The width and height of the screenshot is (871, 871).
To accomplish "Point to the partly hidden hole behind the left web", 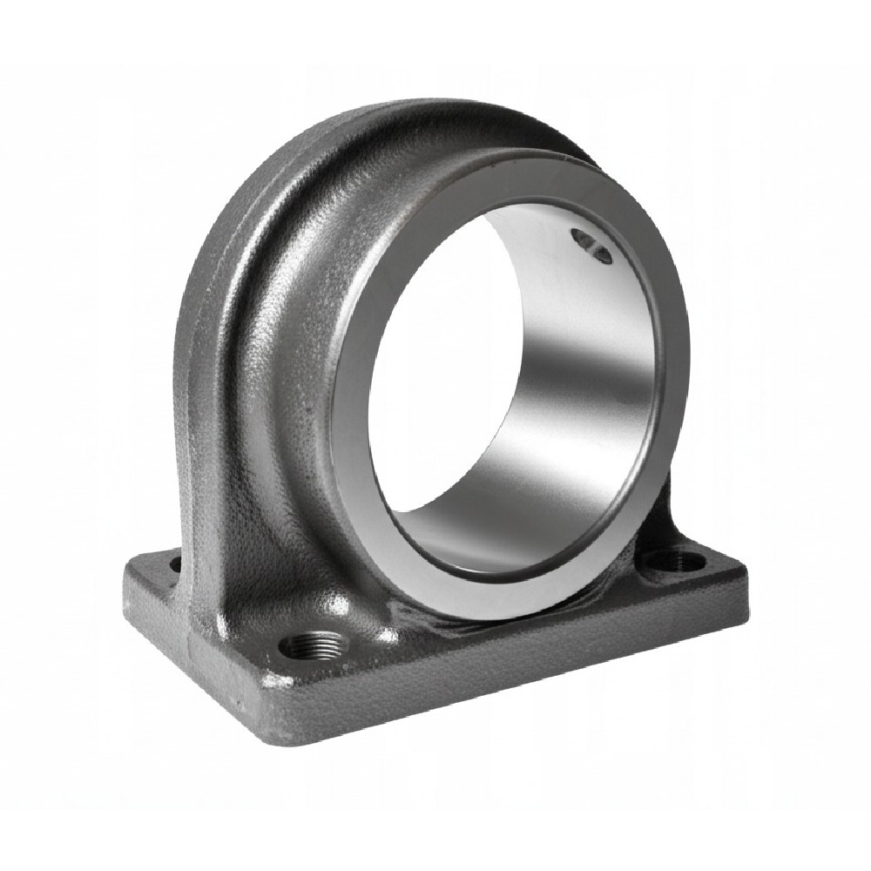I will pyautogui.click(x=177, y=564).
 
